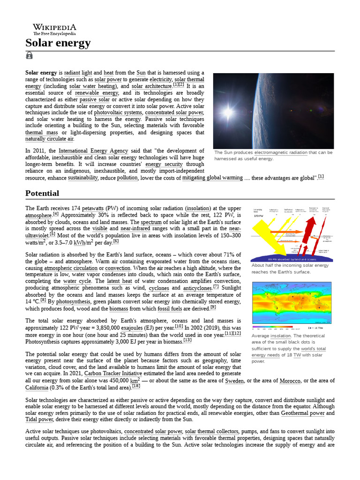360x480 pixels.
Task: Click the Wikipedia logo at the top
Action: [x=54, y=30]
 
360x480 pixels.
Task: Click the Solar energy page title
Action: [x=58, y=44]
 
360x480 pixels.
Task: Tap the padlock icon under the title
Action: [x=29, y=56]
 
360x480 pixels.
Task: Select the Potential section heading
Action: [x=42, y=193]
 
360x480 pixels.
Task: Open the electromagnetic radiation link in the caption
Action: [x=281, y=152]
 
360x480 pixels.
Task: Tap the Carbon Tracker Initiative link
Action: [x=115, y=374]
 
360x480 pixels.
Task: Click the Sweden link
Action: [x=234, y=381]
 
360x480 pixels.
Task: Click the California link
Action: [x=37, y=388]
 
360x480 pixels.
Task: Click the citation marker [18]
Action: [x=136, y=387]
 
